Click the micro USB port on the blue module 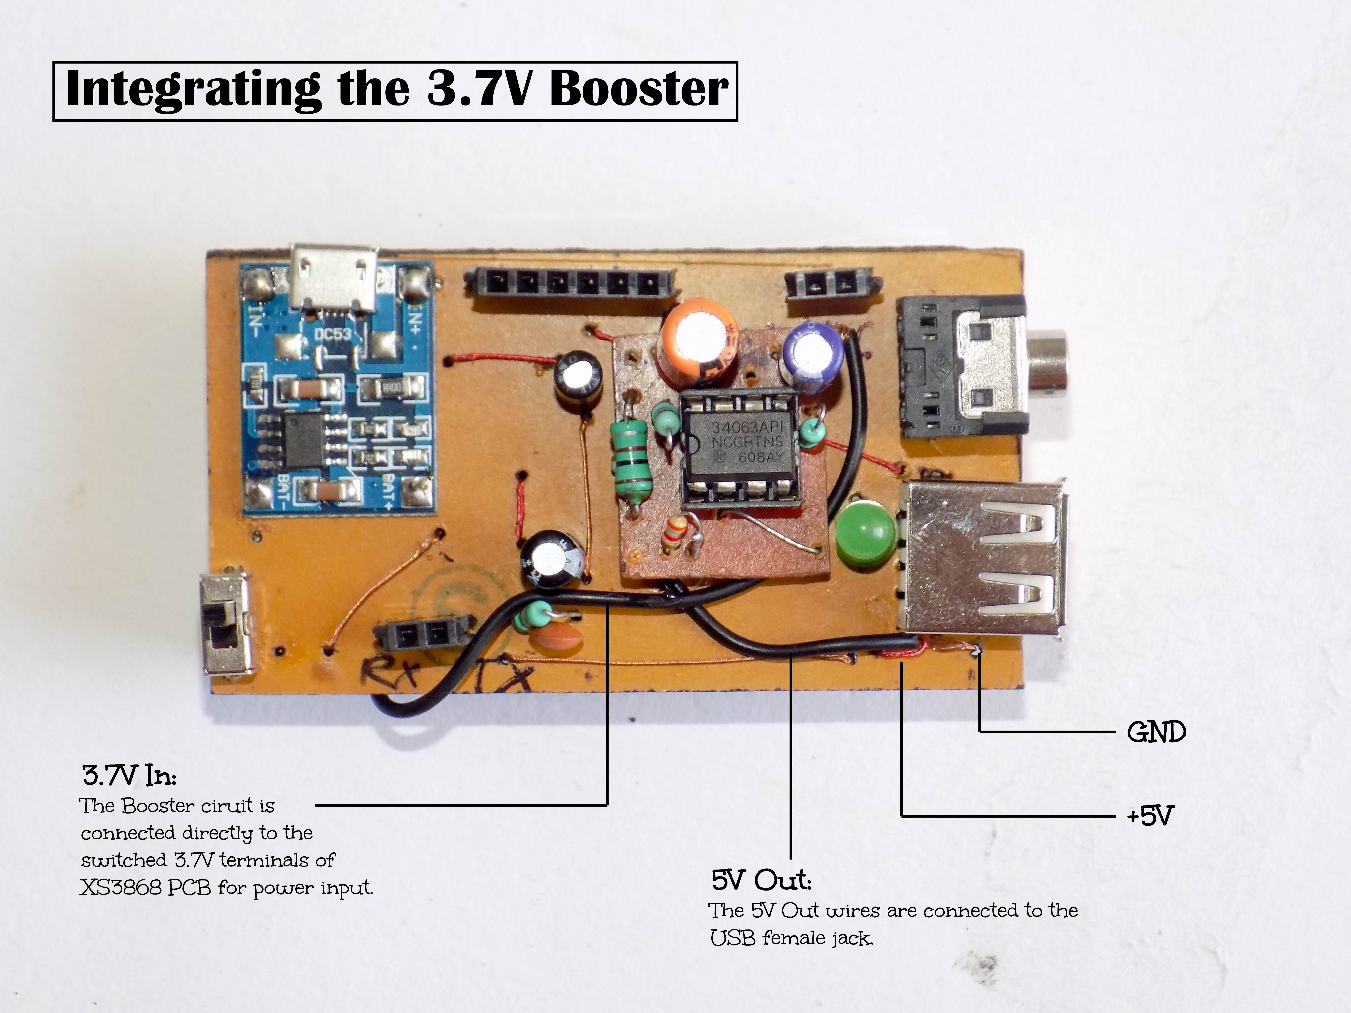pyautogui.click(x=334, y=279)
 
